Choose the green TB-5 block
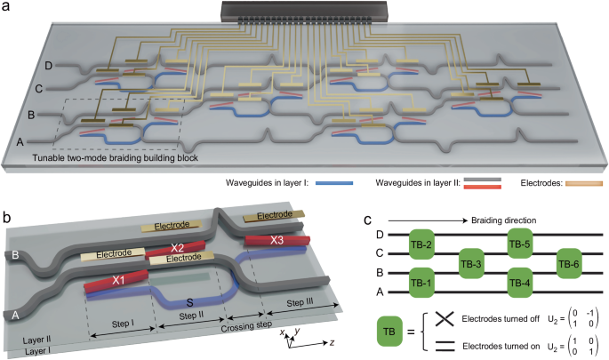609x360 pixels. pos(518,244)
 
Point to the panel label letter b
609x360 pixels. pos(6,217)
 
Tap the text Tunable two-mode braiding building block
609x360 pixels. pos(116,158)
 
